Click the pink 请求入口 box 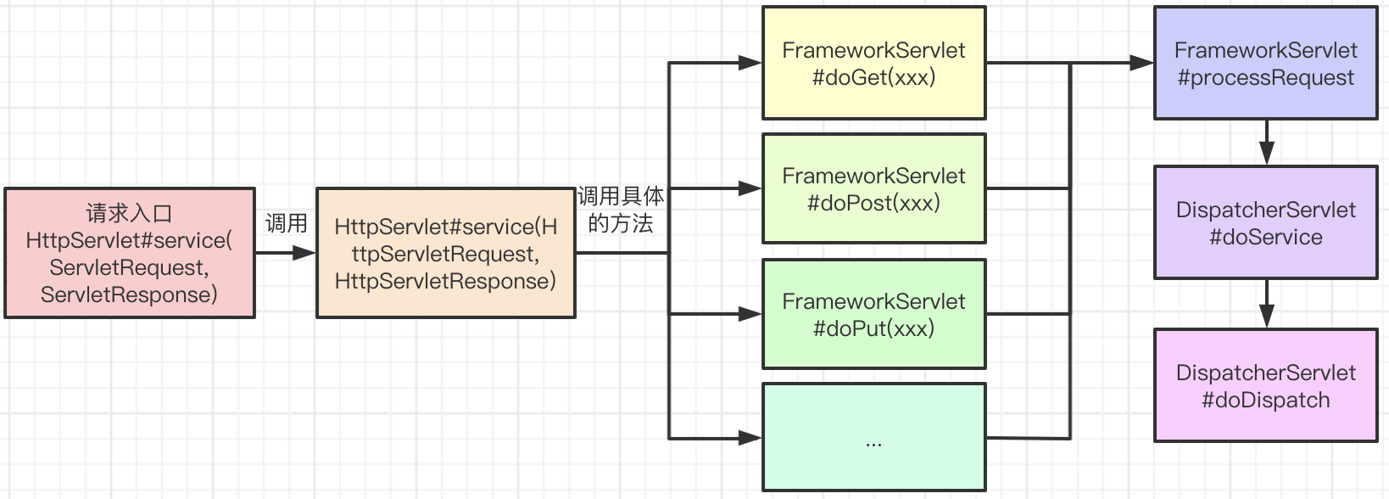(130, 253)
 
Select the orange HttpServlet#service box (446, 253)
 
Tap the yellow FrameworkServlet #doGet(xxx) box (873, 63)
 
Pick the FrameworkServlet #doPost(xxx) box (873, 188)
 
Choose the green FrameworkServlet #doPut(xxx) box (873, 314)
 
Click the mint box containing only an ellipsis (873, 437)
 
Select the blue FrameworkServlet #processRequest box (1265, 63)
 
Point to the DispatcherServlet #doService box (1265, 222)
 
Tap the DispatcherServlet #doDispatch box (1265, 385)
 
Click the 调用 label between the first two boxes (287, 223)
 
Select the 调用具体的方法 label (621, 210)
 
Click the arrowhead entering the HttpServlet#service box (304, 253)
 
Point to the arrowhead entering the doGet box (750, 63)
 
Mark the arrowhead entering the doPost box (750, 188)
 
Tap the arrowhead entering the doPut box (750, 314)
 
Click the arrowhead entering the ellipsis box (750, 438)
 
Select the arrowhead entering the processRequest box (1142, 63)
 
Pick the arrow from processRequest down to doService (1266, 143)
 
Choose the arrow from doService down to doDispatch (1266, 304)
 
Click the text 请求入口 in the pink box (129, 214)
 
